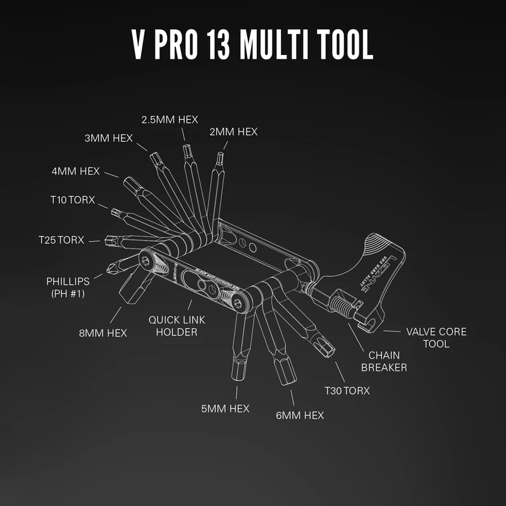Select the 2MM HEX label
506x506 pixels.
[234, 132]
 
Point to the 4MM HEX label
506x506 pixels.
[76, 171]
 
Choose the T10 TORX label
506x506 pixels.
[72, 200]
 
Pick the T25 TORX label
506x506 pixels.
[61, 240]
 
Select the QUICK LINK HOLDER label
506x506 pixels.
[177, 326]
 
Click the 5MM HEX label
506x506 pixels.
[225, 409]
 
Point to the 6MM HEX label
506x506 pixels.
[300, 415]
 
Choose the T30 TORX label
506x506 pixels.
[347, 391]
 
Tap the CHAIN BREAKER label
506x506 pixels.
[384, 361]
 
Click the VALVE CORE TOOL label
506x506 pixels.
[436, 338]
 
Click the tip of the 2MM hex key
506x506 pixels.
[220, 156]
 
